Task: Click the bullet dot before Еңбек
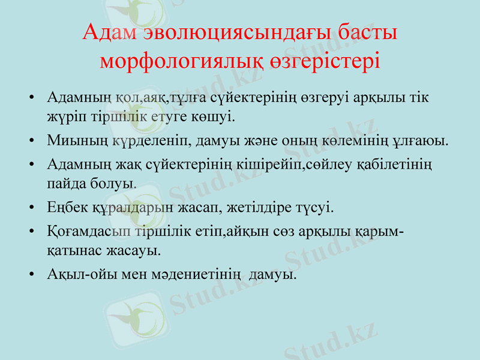(x=31, y=209)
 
